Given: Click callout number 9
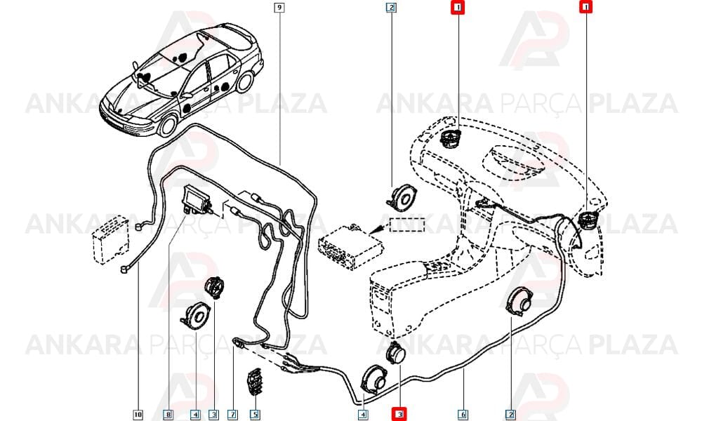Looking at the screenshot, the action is click(279, 7).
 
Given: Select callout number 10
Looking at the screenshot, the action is click(138, 415).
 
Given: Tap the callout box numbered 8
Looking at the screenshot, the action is click(168, 415).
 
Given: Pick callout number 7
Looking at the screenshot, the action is click(232, 415).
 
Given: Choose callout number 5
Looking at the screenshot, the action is click(254, 415).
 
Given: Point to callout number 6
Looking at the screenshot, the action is click(463, 415).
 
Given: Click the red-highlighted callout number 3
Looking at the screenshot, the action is click(399, 414).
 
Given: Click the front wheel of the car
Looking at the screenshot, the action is click(168, 126).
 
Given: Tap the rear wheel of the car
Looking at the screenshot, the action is click(244, 81).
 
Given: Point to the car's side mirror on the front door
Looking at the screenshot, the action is click(186, 95).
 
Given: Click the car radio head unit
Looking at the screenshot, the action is click(350, 246).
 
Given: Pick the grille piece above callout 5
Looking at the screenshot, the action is click(254, 382).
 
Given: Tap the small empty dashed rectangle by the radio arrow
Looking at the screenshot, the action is click(407, 224).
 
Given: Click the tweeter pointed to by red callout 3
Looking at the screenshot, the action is click(396, 353).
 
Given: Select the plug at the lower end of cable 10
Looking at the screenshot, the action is click(124, 269).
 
